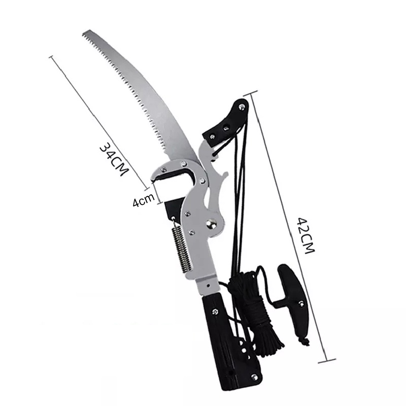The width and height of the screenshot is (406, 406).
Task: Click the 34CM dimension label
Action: point(114,159)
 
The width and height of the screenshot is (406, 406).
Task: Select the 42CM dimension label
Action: point(306,235)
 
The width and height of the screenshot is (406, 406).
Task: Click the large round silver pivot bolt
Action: point(211,223)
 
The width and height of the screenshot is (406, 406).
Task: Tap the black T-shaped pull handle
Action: point(290,303)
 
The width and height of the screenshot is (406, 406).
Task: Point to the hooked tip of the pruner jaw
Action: point(153,179)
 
